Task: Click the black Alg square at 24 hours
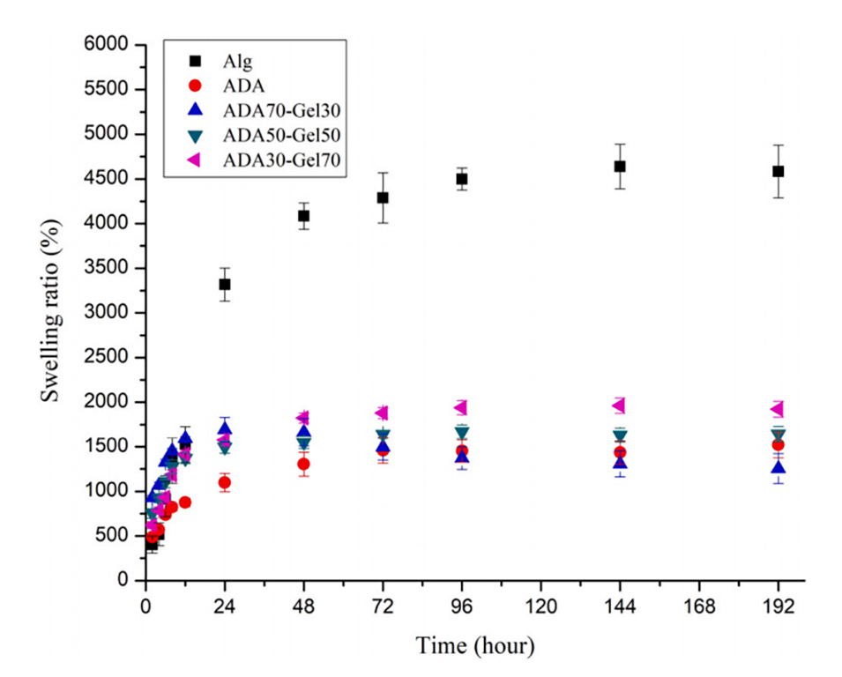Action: coord(225,284)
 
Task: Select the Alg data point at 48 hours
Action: coord(303,216)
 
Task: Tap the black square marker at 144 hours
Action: coord(620,166)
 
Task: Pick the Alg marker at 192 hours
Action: coord(778,171)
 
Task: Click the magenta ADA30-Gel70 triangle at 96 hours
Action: coord(460,406)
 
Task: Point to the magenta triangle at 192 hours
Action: coord(777,408)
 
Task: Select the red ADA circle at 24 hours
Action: coord(225,482)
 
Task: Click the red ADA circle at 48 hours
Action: coord(303,464)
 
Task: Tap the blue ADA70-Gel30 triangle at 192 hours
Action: coord(778,467)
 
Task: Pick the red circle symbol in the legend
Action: coord(195,86)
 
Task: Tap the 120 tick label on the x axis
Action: coord(540,607)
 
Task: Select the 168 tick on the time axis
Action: coord(698,607)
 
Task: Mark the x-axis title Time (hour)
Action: coord(474,646)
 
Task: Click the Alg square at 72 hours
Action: coord(383,197)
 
